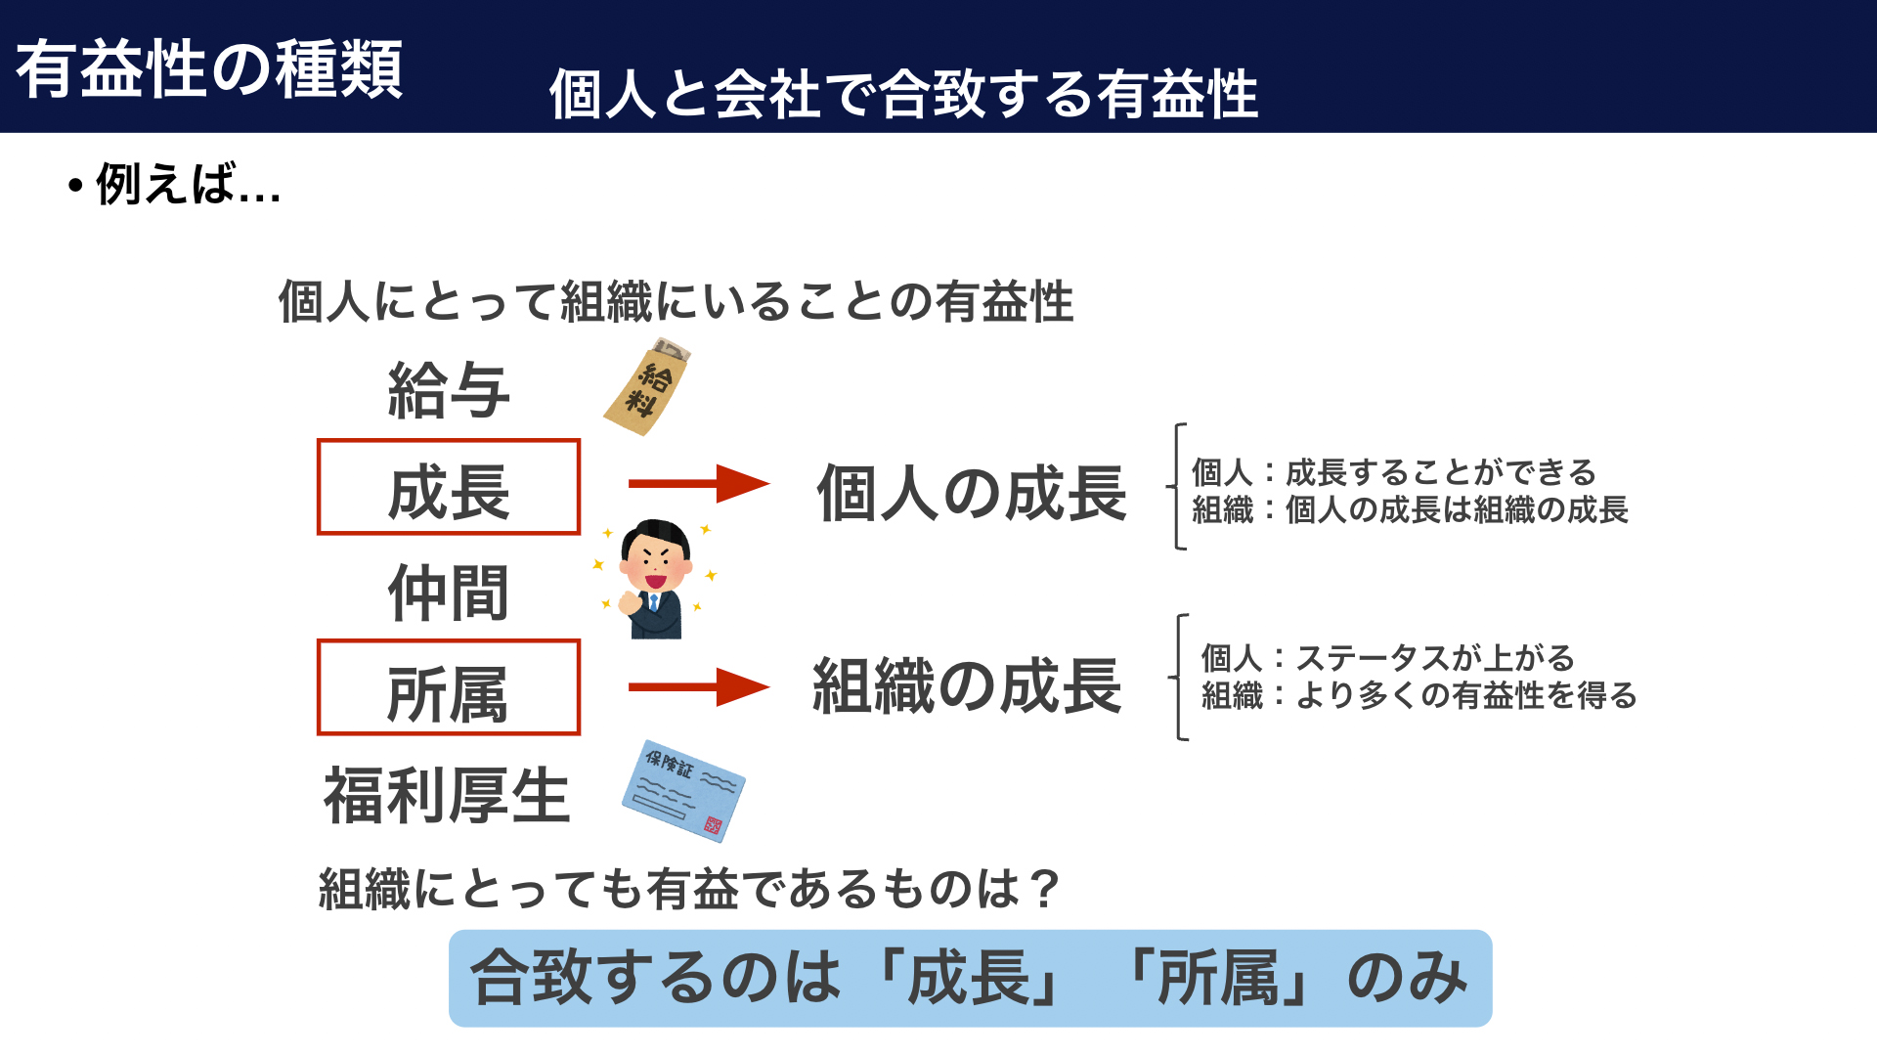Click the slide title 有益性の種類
[x=209, y=69]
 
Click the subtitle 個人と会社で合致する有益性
[x=903, y=94]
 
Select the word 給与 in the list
[x=449, y=390]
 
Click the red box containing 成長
[x=449, y=440]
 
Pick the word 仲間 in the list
[x=449, y=593]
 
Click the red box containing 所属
[x=449, y=641]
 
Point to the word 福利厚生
[x=447, y=795]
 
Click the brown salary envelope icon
[x=646, y=387]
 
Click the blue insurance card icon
[x=683, y=791]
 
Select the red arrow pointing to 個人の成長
[x=699, y=483]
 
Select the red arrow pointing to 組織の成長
[x=699, y=686]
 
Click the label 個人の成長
[x=972, y=493]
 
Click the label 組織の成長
[x=968, y=685]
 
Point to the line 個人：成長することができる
[x=1394, y=472]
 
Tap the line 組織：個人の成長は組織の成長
[x=1410, y=509]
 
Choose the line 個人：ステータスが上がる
[x=1388, y=658]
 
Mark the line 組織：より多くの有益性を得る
[x=1419, y=695]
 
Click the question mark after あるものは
[x=1044, y=889]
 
